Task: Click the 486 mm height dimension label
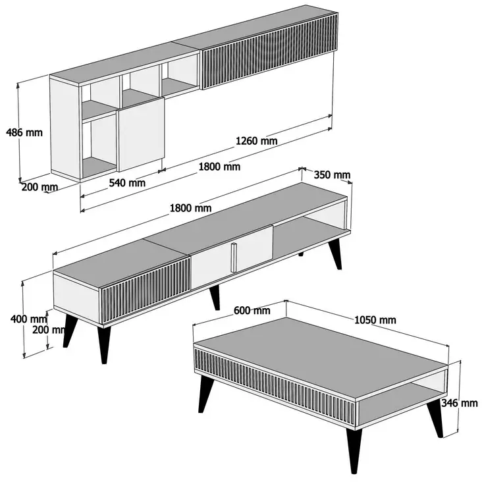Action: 24,132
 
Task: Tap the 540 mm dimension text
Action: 126,182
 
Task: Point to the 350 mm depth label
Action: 333,175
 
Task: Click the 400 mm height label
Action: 24,319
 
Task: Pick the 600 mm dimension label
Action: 251,311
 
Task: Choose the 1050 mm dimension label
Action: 375,320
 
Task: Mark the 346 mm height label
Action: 460,403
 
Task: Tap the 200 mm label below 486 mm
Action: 40,187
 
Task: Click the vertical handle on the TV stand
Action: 232,256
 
